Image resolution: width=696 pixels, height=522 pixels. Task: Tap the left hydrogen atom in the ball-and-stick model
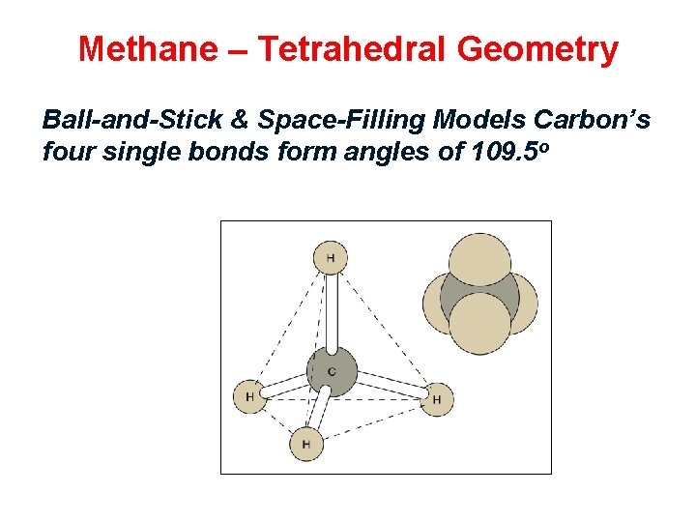[249, 396]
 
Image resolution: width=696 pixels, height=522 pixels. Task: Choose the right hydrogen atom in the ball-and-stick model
[437, 398]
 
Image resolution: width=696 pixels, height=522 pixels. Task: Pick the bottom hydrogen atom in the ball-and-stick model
[306, 444]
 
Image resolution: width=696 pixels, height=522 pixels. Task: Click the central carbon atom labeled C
[332, 371]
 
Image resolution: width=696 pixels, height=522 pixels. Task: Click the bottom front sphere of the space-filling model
[480, 322]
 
